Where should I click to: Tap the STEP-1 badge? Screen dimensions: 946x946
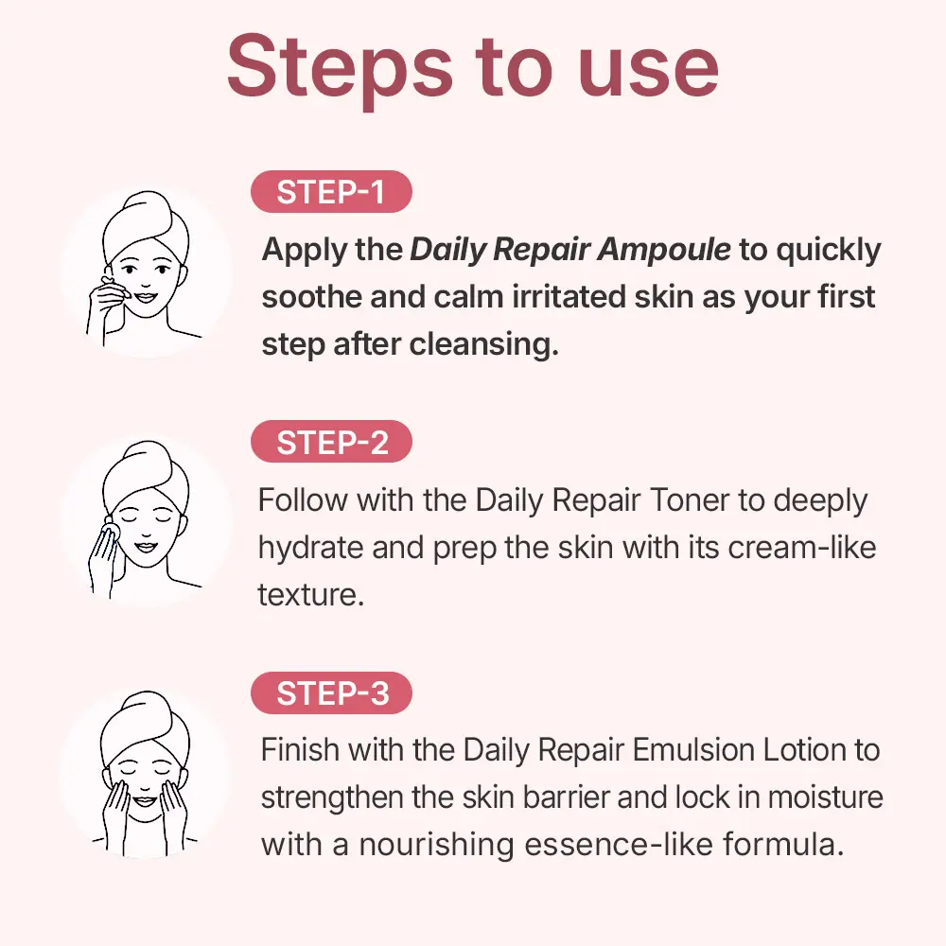pos(331,192)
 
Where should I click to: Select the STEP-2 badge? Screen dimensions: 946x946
pos(331,442)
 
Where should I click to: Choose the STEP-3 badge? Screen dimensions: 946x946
pos(331,692)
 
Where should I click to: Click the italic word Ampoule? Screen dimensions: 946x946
pos(664,250)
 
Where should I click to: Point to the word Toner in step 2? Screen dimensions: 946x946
pos(689,500)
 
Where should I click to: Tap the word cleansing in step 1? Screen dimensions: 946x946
pos(483,345)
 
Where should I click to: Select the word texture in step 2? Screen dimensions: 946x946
pos(310,595)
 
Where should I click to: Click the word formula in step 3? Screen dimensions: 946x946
pos(782,845)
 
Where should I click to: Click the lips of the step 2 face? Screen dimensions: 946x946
pos(146,547)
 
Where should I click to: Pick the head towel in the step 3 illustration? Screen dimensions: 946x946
pos(146,726)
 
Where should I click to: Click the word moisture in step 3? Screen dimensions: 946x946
pos(825,797)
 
